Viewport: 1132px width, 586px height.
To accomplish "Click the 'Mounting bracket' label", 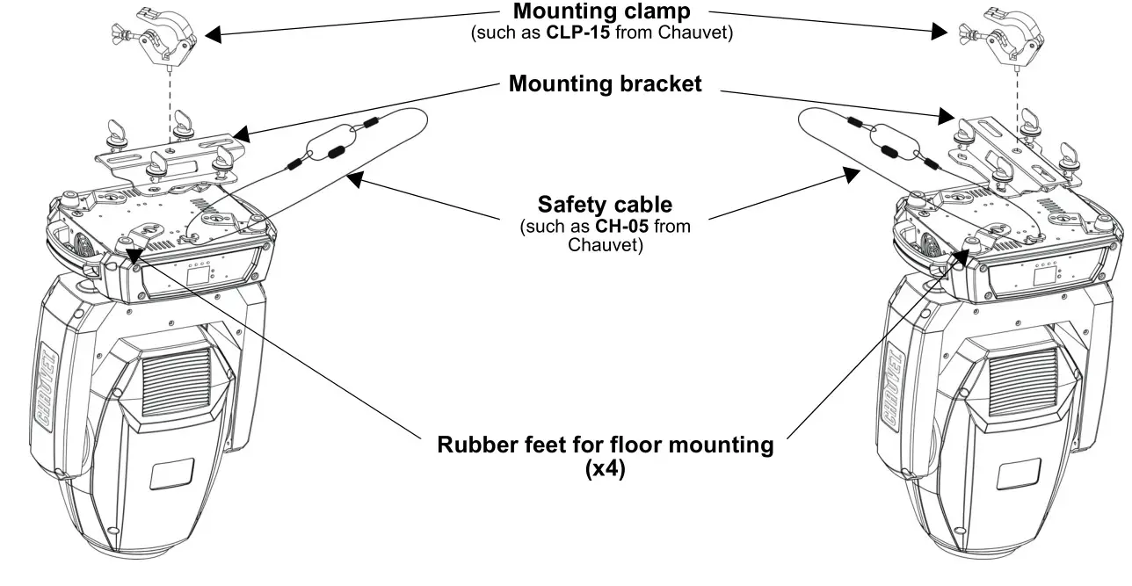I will [605, 84].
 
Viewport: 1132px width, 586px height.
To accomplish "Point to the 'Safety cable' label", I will [605, 205].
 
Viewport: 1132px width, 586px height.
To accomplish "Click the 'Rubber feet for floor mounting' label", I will [605, 445].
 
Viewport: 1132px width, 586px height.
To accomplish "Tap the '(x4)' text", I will [605, 469].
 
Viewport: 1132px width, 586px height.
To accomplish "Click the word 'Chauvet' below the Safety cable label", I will [605, 244].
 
